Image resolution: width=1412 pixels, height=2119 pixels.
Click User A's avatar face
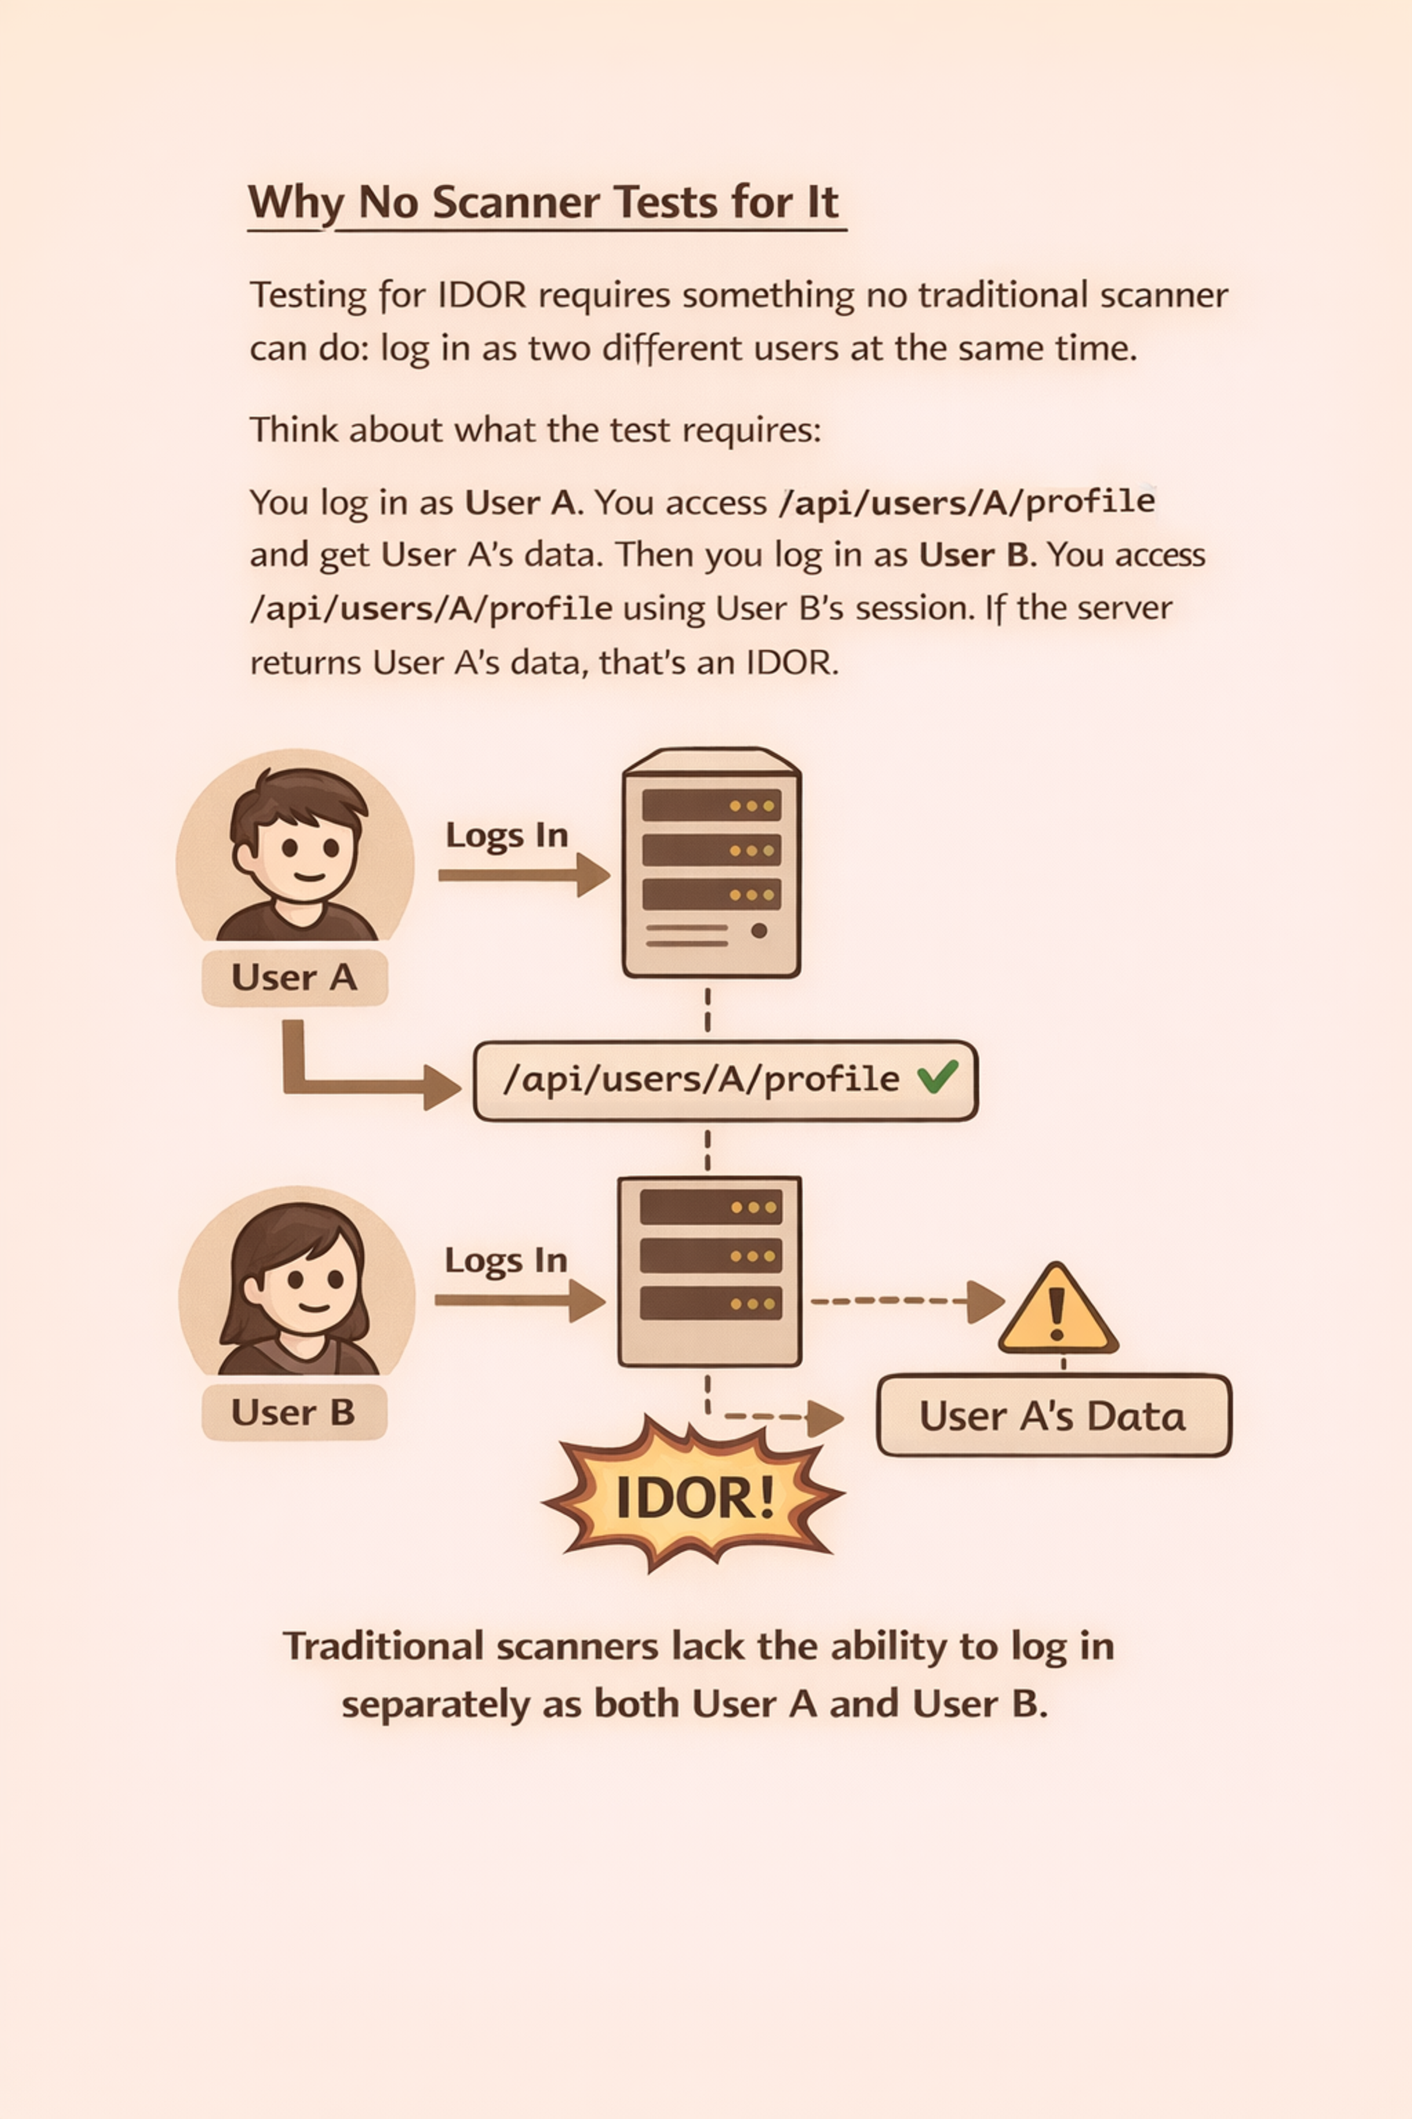click(x=295, y=847)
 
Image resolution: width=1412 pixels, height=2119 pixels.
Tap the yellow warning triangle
click(x=1058, y=1308)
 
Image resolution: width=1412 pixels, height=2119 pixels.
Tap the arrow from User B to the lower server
click(x=520, y=1300)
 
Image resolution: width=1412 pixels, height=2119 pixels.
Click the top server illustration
click(x=712, y=862)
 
